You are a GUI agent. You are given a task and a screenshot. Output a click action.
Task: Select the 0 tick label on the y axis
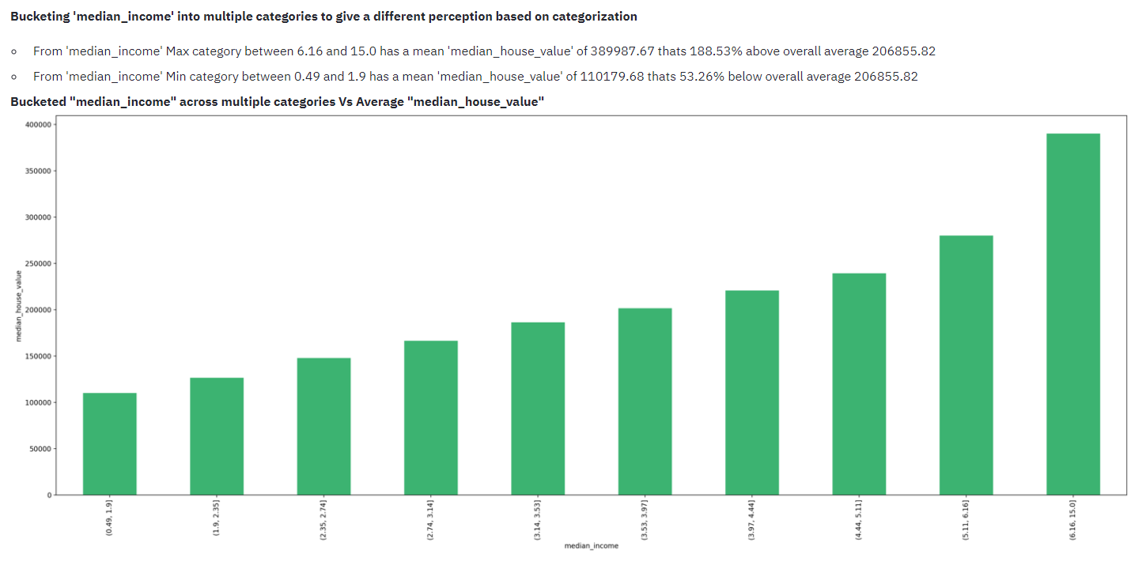pos(49,496)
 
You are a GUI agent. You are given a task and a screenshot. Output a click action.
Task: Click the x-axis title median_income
pos(591,545)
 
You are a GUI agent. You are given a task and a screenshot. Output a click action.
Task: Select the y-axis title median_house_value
pos(19,306)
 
